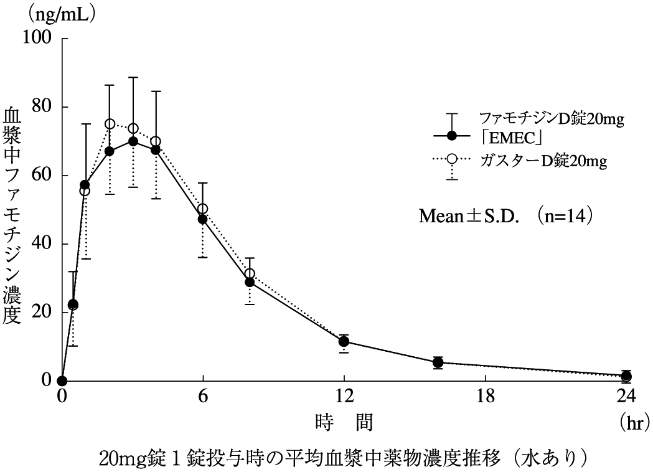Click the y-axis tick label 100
(x=39, y=38)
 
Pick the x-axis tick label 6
(x=203, y=396)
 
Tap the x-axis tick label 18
(x=485, y=396)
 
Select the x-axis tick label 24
(x=626, y=396)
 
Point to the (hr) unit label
(x=635, y=423)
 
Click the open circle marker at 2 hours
(x=110, y=124)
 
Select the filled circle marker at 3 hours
(x=133, y=141)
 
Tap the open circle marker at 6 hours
(x=203, y=209)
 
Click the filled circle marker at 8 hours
(x=250, y=282)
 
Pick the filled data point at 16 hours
(x=438, y=362)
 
